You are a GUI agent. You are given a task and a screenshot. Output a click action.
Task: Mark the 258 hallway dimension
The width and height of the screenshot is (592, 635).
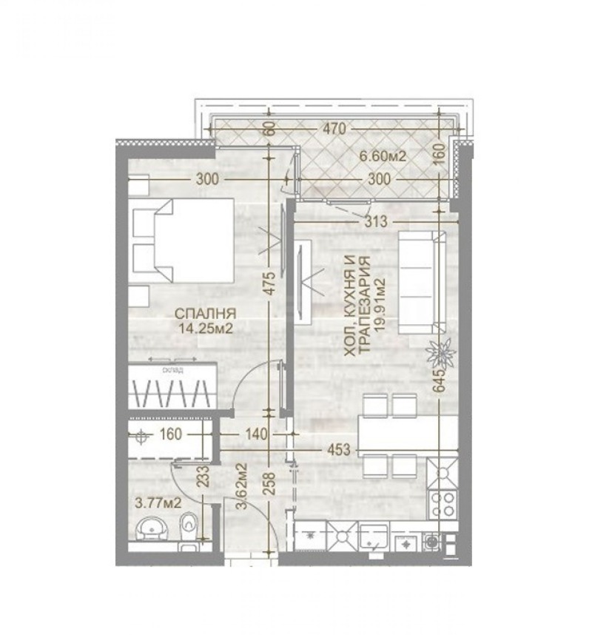[271, 486]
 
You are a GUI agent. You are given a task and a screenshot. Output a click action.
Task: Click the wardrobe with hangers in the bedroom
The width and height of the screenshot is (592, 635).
[171, 386]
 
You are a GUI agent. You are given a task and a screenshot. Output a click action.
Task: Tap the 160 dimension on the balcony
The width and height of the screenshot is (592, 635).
[439, 154]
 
